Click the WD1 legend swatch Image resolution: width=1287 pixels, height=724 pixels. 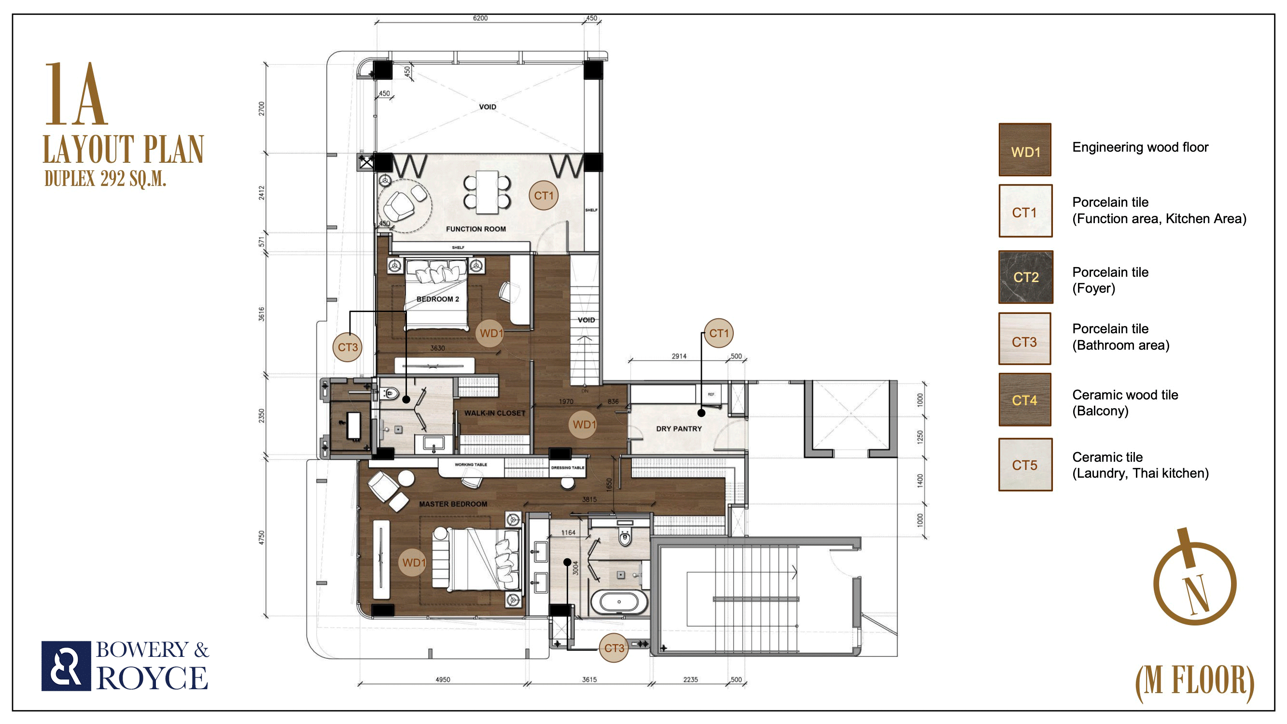tap(1025, 150)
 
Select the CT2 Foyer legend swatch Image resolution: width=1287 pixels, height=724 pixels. tap(1026, 277)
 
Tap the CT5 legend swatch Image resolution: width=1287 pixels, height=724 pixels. tap(1025, 465)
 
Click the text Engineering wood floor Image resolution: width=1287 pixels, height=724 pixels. tap(1140, 147)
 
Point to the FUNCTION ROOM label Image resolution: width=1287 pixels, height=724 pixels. tap(476, 229)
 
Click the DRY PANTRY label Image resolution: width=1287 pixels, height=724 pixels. tap(678, 428)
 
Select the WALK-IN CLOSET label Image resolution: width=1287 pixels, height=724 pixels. tap(495, 413)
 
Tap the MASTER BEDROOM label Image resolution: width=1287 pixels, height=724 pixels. tap(453, 504)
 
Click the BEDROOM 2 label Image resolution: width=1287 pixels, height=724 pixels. tap(438, 299)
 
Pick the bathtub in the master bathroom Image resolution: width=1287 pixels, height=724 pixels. tap(619, 602)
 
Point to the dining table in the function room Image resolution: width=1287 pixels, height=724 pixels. tap(487, 192)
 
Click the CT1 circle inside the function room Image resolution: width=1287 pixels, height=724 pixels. tap(544, 196)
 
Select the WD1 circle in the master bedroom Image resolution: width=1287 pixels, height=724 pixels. tap(413, 563)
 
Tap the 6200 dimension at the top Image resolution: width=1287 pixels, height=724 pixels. tap(480, 18)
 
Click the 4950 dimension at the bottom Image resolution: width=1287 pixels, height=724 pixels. tap(443, 680)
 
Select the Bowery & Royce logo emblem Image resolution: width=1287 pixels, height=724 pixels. tap(66, 666)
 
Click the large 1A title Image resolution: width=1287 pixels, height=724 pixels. tap(76, 94)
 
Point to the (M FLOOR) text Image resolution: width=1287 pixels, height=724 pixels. tap(1195, 682)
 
